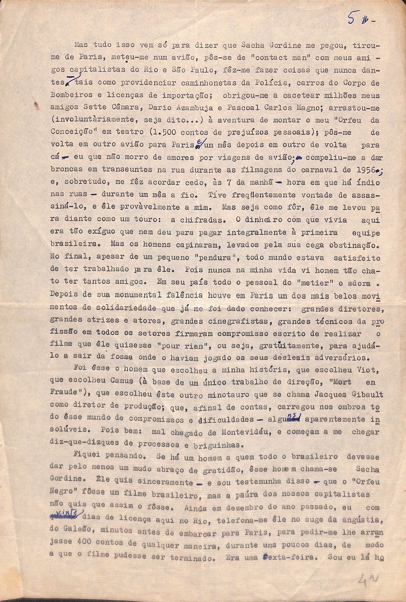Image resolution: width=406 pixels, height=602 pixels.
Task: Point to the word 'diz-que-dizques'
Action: [88, 445]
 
